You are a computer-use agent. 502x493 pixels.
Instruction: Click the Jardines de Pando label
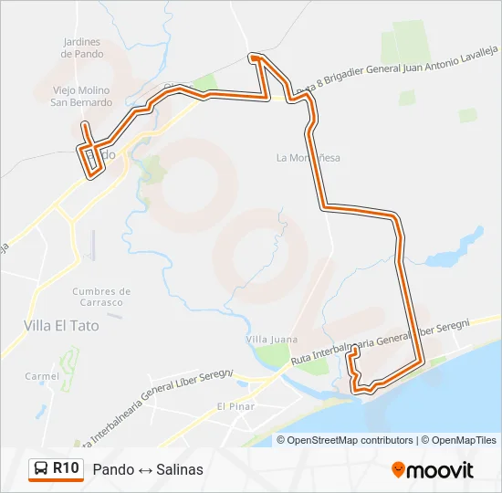coord(80,47)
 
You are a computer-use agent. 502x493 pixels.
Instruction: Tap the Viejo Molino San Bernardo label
coord(80,96)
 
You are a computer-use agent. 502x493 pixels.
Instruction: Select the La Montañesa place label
coord(308,158)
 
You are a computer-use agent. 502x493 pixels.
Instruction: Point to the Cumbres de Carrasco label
coord(100,297)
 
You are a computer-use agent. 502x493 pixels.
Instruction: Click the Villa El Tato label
coord(62,324)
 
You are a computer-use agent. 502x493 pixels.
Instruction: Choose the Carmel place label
coord(42,376)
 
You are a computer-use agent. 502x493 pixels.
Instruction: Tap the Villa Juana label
coord(272,340)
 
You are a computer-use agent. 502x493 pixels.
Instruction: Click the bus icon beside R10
coord(41,469)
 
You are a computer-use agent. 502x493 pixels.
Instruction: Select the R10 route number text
coord(67,469)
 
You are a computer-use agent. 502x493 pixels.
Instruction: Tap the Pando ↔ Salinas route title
coord(148,470)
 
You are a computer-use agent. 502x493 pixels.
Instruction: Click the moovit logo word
coord(440,470)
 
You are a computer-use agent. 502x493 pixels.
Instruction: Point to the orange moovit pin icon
coord(398,470)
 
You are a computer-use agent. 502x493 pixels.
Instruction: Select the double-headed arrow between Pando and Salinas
coord(143,470)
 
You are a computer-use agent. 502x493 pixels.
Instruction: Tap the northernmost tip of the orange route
coord(256,57)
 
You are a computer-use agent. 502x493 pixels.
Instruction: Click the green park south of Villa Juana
coord(270,359)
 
